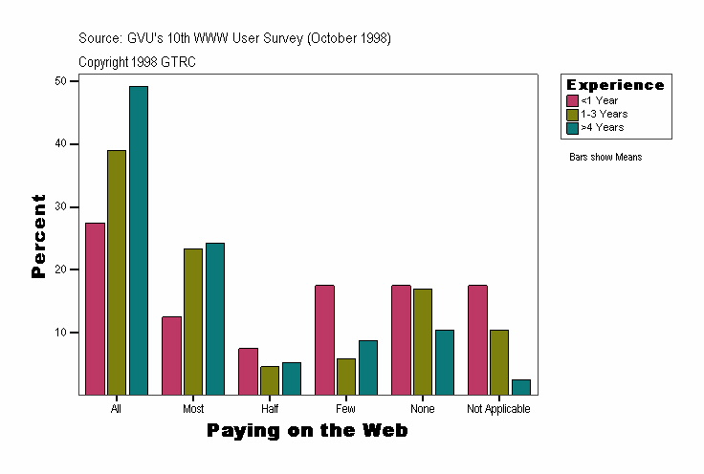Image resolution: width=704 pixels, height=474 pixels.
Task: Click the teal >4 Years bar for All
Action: (139, 240)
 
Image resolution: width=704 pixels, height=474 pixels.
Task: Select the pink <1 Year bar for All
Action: (95, 308)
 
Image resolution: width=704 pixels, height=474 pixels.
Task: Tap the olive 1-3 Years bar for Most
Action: (193, 321)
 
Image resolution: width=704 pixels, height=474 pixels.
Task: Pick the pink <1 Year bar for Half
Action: (248, 371)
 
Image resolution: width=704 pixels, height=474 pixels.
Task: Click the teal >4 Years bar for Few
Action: (368, 367)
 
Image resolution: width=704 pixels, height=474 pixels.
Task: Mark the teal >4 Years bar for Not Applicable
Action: (521, 387)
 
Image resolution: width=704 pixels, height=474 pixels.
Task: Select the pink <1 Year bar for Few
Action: (324, 339)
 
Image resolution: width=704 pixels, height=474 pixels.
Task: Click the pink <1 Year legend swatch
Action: (572, 100)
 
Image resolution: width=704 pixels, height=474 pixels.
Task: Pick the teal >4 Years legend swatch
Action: (572, 127)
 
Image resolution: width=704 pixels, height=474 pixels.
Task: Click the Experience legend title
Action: (615, 85)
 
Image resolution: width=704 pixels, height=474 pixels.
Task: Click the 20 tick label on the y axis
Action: (60, 269)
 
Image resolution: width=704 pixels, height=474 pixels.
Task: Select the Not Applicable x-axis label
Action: (498, 409)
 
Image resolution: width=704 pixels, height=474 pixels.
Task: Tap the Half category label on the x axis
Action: (270, 409)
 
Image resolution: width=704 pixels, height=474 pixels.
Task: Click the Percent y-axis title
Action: (38, 236)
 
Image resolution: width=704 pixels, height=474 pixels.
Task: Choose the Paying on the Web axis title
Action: (307, 431)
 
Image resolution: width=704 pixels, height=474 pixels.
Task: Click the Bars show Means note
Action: (605, 158)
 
